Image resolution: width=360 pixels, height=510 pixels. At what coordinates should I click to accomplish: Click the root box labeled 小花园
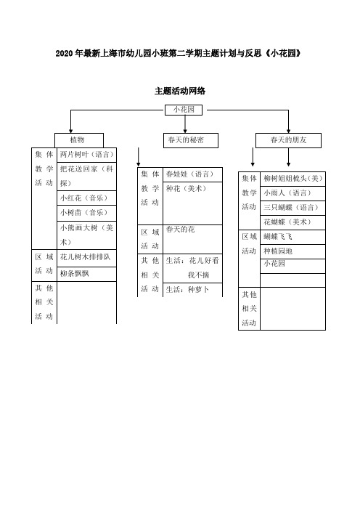click(184, 110)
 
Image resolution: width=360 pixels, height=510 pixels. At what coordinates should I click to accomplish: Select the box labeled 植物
click(79, 140)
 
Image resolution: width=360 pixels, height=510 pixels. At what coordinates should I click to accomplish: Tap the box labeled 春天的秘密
click(191, 140)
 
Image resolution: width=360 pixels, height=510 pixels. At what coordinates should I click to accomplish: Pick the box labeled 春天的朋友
click(289, 140)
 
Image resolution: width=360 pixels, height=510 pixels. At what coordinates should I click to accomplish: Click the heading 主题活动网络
click(180, 91)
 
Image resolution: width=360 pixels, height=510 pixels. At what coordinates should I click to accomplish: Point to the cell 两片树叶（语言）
click(87, 155)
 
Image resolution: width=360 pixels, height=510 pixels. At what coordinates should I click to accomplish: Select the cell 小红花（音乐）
click(87, 198)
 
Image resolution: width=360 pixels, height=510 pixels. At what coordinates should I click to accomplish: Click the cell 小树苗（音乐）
click(87, 213)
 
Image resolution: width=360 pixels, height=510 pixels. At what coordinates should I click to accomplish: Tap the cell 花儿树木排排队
click(87, 258)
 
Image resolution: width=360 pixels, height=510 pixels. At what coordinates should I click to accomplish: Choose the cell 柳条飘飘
click(87, 274)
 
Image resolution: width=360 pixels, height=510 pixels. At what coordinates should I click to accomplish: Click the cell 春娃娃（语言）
click(192, 174)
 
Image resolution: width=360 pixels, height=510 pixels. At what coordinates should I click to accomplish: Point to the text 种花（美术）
click(186, 189)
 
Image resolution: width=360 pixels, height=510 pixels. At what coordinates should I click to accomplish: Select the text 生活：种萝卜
click(187, 289)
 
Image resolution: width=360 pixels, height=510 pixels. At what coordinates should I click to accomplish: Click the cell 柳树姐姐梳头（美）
click(292, 179)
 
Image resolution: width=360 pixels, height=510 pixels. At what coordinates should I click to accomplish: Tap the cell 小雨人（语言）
click(292, 193)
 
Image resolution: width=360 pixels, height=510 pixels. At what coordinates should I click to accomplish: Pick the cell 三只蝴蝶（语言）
click(292, 208)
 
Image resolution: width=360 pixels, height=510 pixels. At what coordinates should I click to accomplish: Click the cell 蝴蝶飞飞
click(292, 237)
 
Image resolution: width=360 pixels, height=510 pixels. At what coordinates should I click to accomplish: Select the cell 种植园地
click(292, 251)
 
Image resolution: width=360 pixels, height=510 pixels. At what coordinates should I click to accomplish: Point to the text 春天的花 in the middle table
click(180, 230)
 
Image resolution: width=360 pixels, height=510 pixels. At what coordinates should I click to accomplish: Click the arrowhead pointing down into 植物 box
click(71, 131)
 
